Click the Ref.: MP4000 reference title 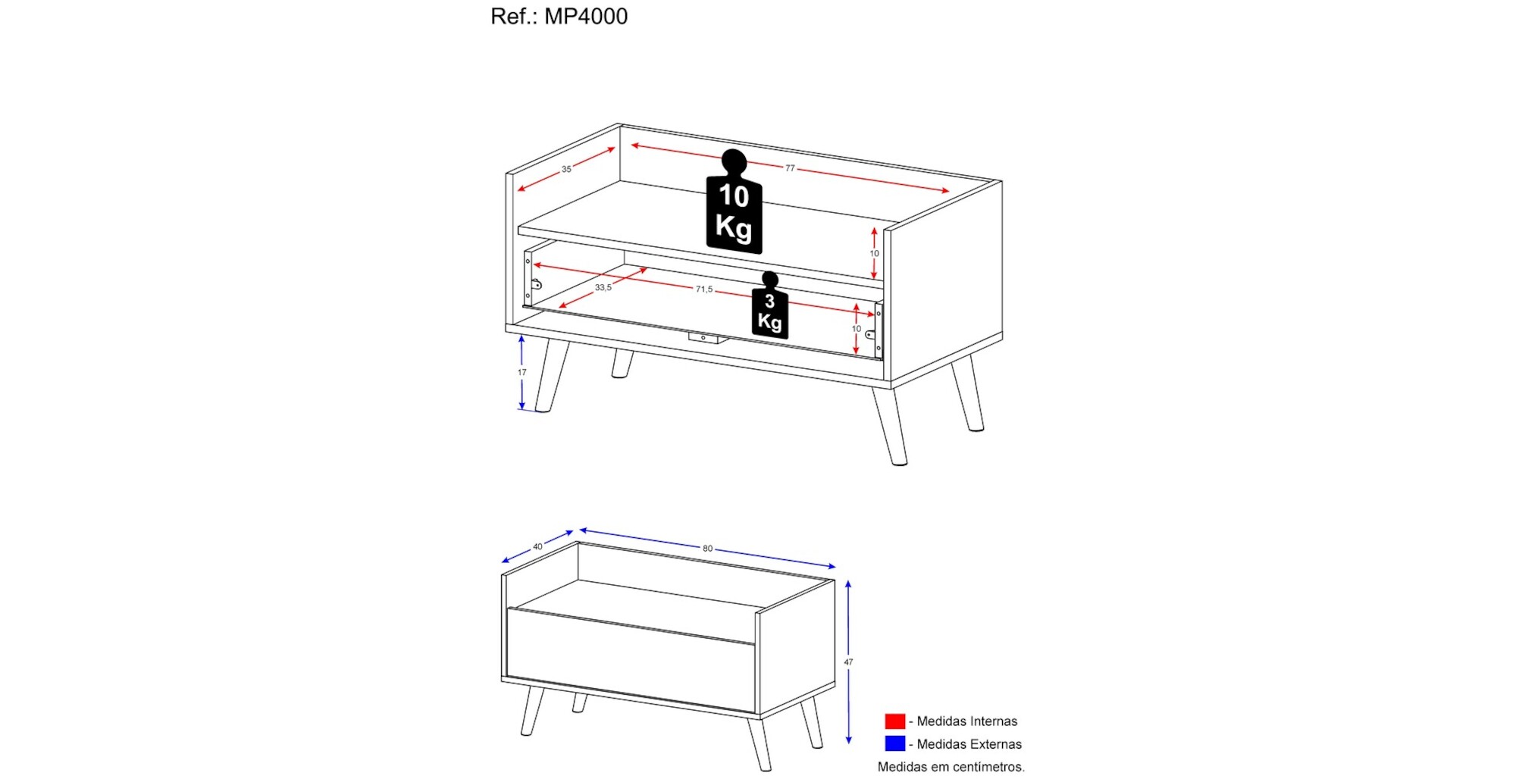559,16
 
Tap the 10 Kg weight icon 734,202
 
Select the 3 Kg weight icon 770,305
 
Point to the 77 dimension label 790,168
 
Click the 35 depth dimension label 566,169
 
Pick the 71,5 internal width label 704,289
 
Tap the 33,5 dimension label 603,287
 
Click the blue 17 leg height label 522,372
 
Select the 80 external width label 707,548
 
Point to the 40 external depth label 537,546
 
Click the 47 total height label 848,662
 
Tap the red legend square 895,721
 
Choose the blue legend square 895,743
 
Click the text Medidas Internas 967,721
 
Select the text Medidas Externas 969,744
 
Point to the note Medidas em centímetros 951,767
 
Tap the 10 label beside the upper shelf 874,253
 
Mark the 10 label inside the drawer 856,328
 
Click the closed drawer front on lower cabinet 631,660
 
